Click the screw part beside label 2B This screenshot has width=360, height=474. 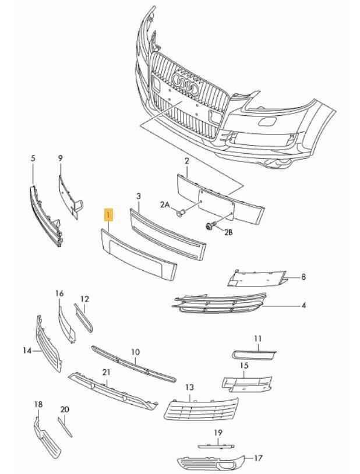pyautogui.click(x=208, y=225)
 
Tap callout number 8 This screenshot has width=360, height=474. pyautogui.click(x=303, y=277)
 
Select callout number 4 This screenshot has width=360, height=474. pyautogui.click(x=303, y=305)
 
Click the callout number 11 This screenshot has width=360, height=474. pyautogui.click(x=258, y=338)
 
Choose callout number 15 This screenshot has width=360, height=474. pyautogui.click(x=244, y=365)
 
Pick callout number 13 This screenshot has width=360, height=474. pyautogui.click(x=189, y=387)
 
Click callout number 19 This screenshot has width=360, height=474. pyautogui.click(x=218, y=433)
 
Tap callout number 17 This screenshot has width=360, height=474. pyautogui.click(x=258, y=458)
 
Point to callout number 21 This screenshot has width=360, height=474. pyautogui.click(x=105, y=372)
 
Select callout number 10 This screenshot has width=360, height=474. pyautogui.click(x=135, y=352)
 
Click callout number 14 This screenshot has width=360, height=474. pyautogui.click(x=27, y=350)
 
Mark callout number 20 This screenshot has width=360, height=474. pyautogui.click(x=64, y=409)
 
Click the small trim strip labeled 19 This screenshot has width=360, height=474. pyautogui.click(x=215, y=445)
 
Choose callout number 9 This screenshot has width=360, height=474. pyautogui.click(x=59, y=158)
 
